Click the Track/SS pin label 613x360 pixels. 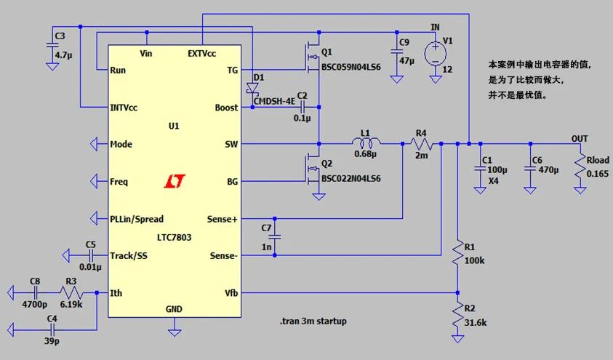(131, 255)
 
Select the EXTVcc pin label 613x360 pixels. (202, 53)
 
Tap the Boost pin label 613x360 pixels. (226, 108)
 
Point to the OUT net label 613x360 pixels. (580, 138)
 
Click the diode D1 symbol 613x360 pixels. (252, 88)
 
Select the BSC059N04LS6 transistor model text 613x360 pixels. (351, 67)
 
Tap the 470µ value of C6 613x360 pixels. (550, 171)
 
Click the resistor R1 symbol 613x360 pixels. (457, 252)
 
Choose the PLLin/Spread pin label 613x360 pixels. (137, 218)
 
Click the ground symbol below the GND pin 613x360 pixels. (175, 331)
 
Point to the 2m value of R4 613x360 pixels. (421, 155)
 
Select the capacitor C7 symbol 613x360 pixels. (274, 236)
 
